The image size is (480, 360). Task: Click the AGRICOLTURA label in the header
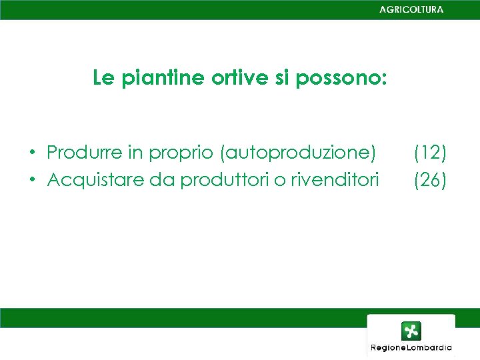coord(411,9)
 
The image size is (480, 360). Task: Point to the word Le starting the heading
coord(103,79)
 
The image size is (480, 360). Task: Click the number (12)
coord(430,153)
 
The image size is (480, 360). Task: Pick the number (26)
coord(430,179)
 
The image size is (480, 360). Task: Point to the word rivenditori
coord(334,179)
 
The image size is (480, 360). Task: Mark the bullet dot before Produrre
coord(31,153)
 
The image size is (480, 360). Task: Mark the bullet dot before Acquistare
coord(31,180)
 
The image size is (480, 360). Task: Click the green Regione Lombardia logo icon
coord(411,331)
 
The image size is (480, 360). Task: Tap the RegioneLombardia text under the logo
coord(411,347)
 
